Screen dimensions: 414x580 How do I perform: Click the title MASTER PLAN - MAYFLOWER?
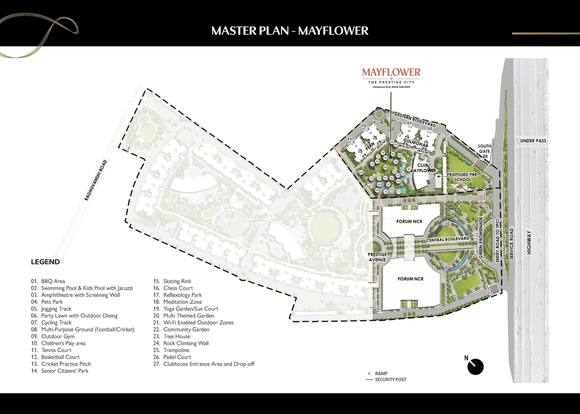pyautogui.click(x=289, y=31)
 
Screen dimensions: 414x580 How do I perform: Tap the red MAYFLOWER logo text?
pyautogui.click(x=391, y=72)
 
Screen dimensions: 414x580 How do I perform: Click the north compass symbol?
pyautogui.click(x=475, y=366)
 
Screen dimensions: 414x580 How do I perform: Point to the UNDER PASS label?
pyautogui.click(x=533, y=141)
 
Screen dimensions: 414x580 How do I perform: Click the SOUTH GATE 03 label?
pyautogui.click(x=484, y=151)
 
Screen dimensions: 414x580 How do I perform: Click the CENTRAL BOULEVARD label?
pyautogui.click(x=448, y=240)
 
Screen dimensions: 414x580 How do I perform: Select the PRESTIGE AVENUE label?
pyautogui.click(x=377, y=257)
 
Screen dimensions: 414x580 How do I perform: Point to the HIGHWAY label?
pyautogui.click(x=529, y=245)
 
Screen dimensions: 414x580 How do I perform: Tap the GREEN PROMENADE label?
pyautogui.click(x=481, y=238)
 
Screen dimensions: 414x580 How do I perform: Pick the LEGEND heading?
pyautogui.click(x=45, y=262)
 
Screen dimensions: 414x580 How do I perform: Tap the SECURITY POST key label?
pyautogui.click(x=390, y=380)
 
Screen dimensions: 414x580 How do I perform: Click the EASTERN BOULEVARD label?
pyautogui.click(x=415, y=120)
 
